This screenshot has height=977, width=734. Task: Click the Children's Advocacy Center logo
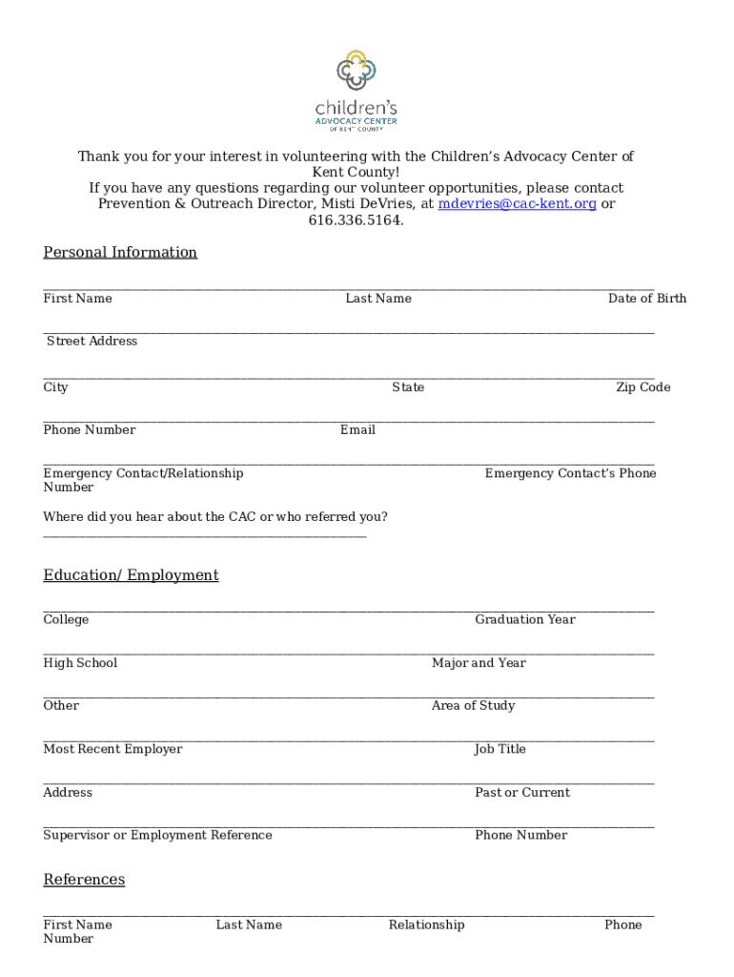357,90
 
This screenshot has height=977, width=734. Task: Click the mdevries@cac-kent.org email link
517,204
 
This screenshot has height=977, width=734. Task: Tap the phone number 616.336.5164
356,220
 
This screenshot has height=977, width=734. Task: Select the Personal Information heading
120,253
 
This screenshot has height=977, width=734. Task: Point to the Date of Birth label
646,299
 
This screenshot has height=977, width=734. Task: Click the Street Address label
92,342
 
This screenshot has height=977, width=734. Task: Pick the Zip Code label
642,387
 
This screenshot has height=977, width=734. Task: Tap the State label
408,387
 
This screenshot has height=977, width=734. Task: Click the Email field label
357,430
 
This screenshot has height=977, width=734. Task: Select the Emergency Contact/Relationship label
143,474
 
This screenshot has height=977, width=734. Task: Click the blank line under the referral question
204,535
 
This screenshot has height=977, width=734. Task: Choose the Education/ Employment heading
131,575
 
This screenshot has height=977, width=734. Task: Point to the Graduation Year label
524,620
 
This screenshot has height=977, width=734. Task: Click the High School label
80,663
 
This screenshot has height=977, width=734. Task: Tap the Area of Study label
473,706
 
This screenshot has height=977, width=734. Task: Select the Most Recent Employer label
112,750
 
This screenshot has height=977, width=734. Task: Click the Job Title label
500,750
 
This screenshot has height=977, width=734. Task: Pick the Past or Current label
521,793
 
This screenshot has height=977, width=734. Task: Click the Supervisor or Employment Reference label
157,836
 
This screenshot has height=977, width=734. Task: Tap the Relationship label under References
426,925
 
